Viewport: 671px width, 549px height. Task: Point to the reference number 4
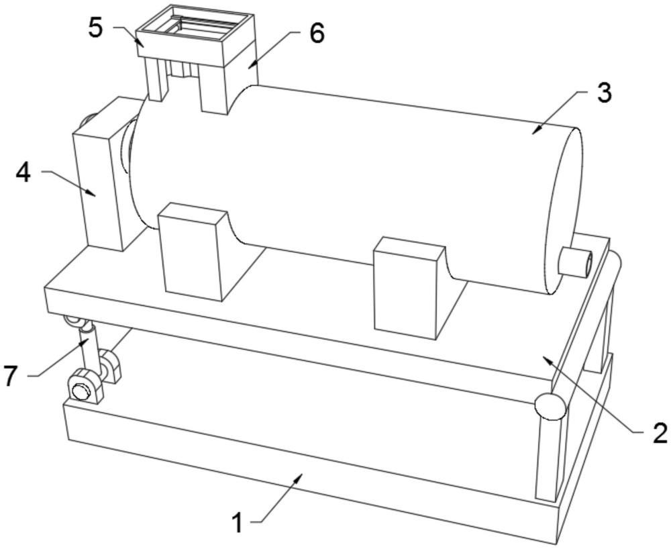(x=23, y=172)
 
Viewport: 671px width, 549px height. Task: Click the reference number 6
(x=316, y=32)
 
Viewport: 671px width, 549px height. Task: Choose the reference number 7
(x=11, y=376)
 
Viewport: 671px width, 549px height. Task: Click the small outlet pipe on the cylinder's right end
(x=576, y=262)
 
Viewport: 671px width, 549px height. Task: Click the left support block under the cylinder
(x=193, y=252)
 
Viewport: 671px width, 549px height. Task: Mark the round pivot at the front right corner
(x=550, y=406)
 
